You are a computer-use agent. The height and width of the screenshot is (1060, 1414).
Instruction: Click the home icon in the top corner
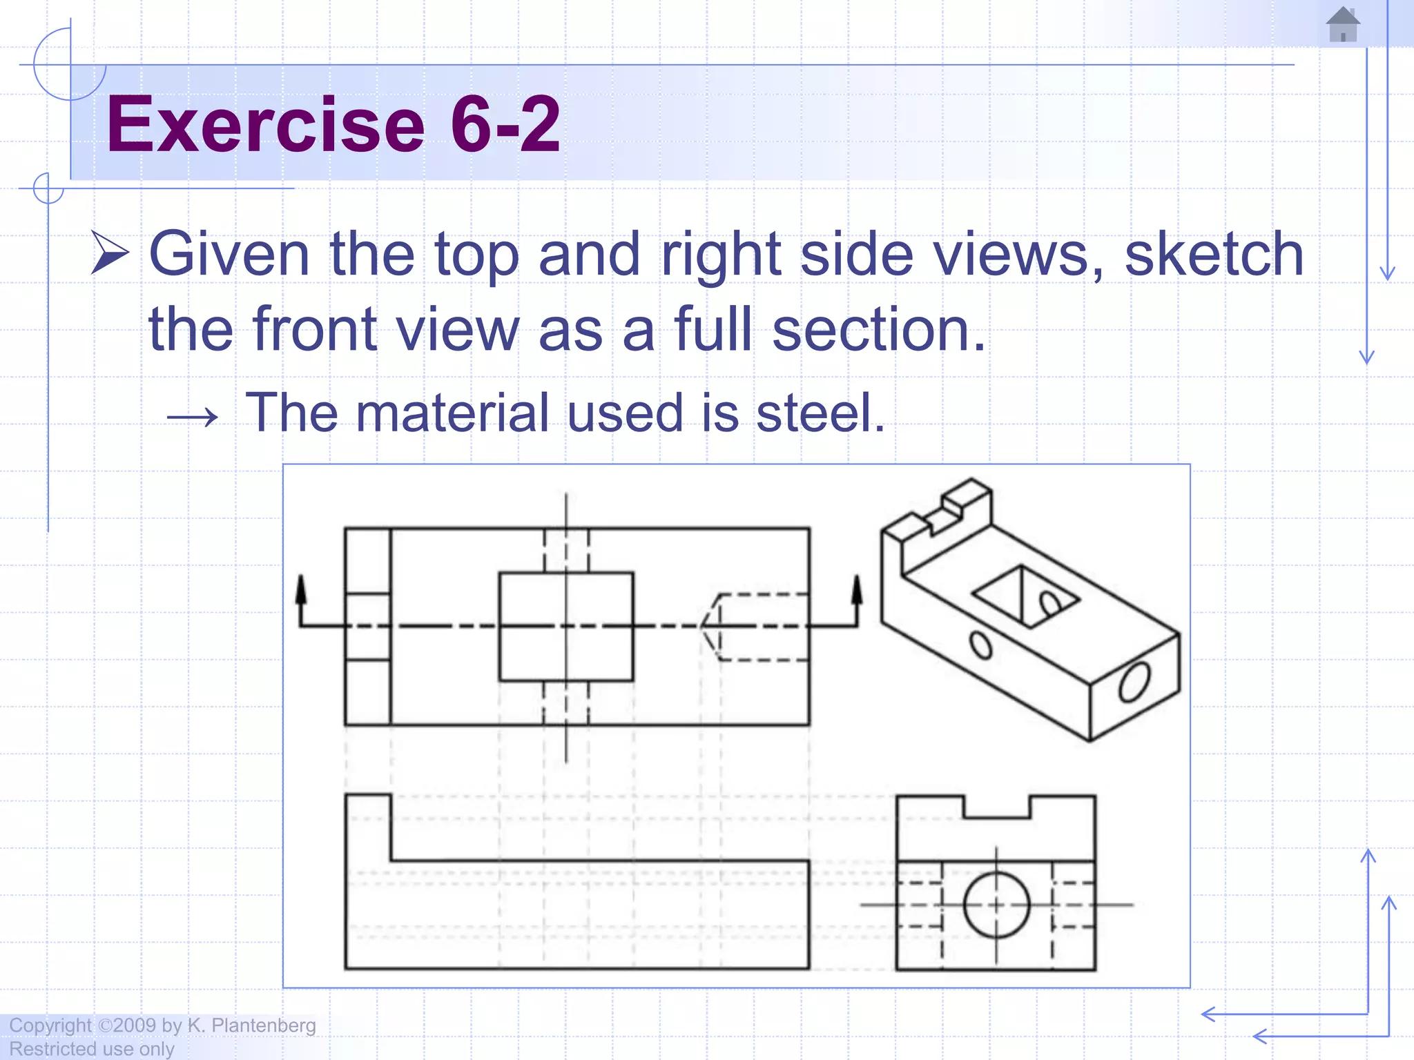1343,25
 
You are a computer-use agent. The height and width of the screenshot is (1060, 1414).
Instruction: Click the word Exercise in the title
265,125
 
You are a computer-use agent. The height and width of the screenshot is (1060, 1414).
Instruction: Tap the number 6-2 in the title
505,125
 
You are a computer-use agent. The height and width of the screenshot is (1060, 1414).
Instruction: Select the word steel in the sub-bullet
820,413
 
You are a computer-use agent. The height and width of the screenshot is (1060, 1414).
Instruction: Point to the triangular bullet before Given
110,253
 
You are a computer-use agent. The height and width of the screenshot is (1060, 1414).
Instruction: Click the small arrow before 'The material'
193,417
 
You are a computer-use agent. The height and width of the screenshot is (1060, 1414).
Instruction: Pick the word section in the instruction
878,329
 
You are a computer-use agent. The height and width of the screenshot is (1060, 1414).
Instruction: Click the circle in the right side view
996,905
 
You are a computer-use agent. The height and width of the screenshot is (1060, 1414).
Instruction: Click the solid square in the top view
566,627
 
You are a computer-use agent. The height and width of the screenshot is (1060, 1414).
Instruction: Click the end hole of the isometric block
1134,681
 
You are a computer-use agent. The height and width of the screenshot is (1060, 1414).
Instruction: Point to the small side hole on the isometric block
980,645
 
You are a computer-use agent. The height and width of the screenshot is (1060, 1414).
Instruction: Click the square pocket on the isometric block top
1026,597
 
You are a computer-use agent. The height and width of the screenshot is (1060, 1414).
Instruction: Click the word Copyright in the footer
50,1025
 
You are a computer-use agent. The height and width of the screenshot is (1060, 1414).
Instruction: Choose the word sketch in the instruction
1214,255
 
